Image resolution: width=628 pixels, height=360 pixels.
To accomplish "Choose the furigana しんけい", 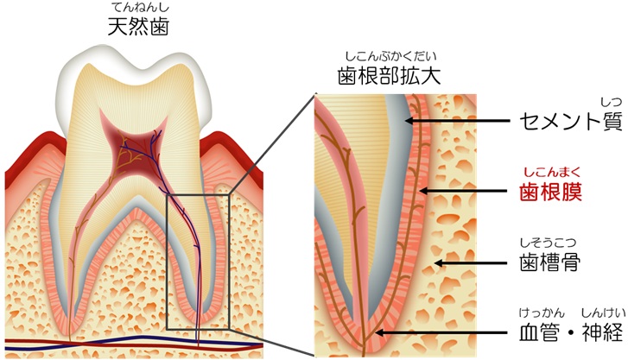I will tap(593, 312).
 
